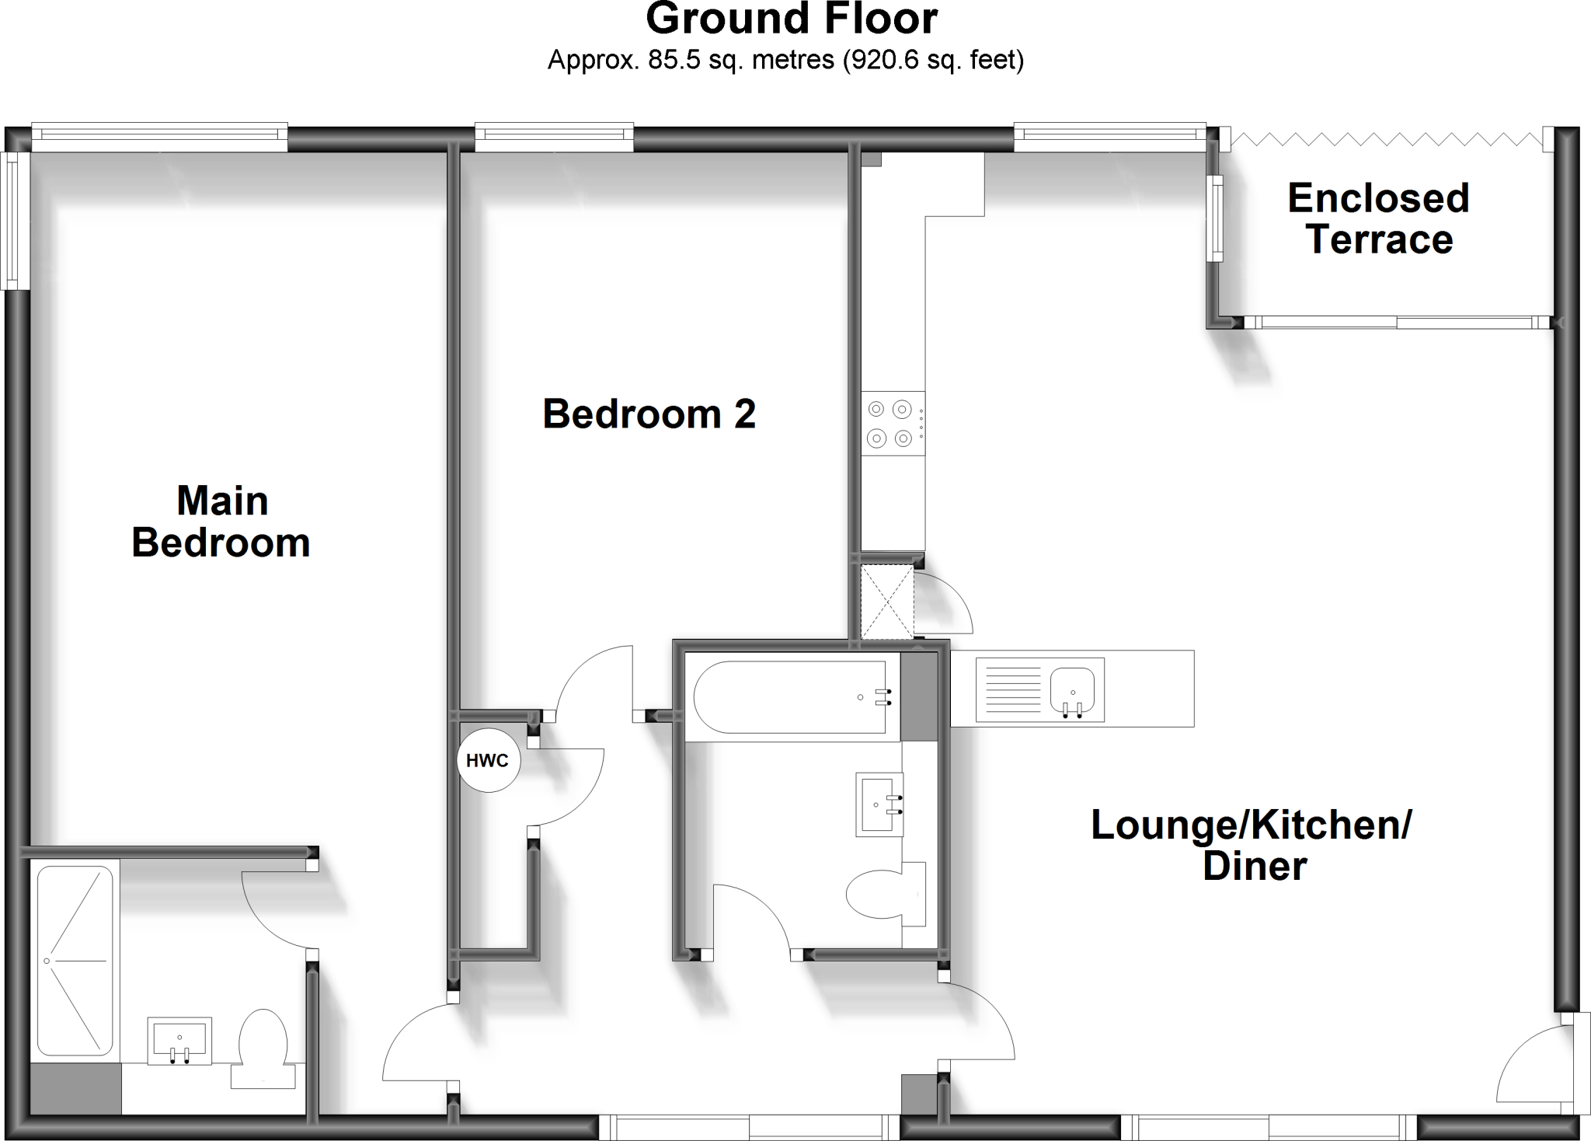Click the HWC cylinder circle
488,760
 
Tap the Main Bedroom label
221,522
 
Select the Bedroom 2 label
649,413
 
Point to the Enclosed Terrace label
1378,218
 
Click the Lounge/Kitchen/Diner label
1252,845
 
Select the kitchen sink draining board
1008,689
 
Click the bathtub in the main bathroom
791,697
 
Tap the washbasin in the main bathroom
879,804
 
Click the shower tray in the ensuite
75,961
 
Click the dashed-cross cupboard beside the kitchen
886,602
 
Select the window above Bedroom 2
554,138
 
